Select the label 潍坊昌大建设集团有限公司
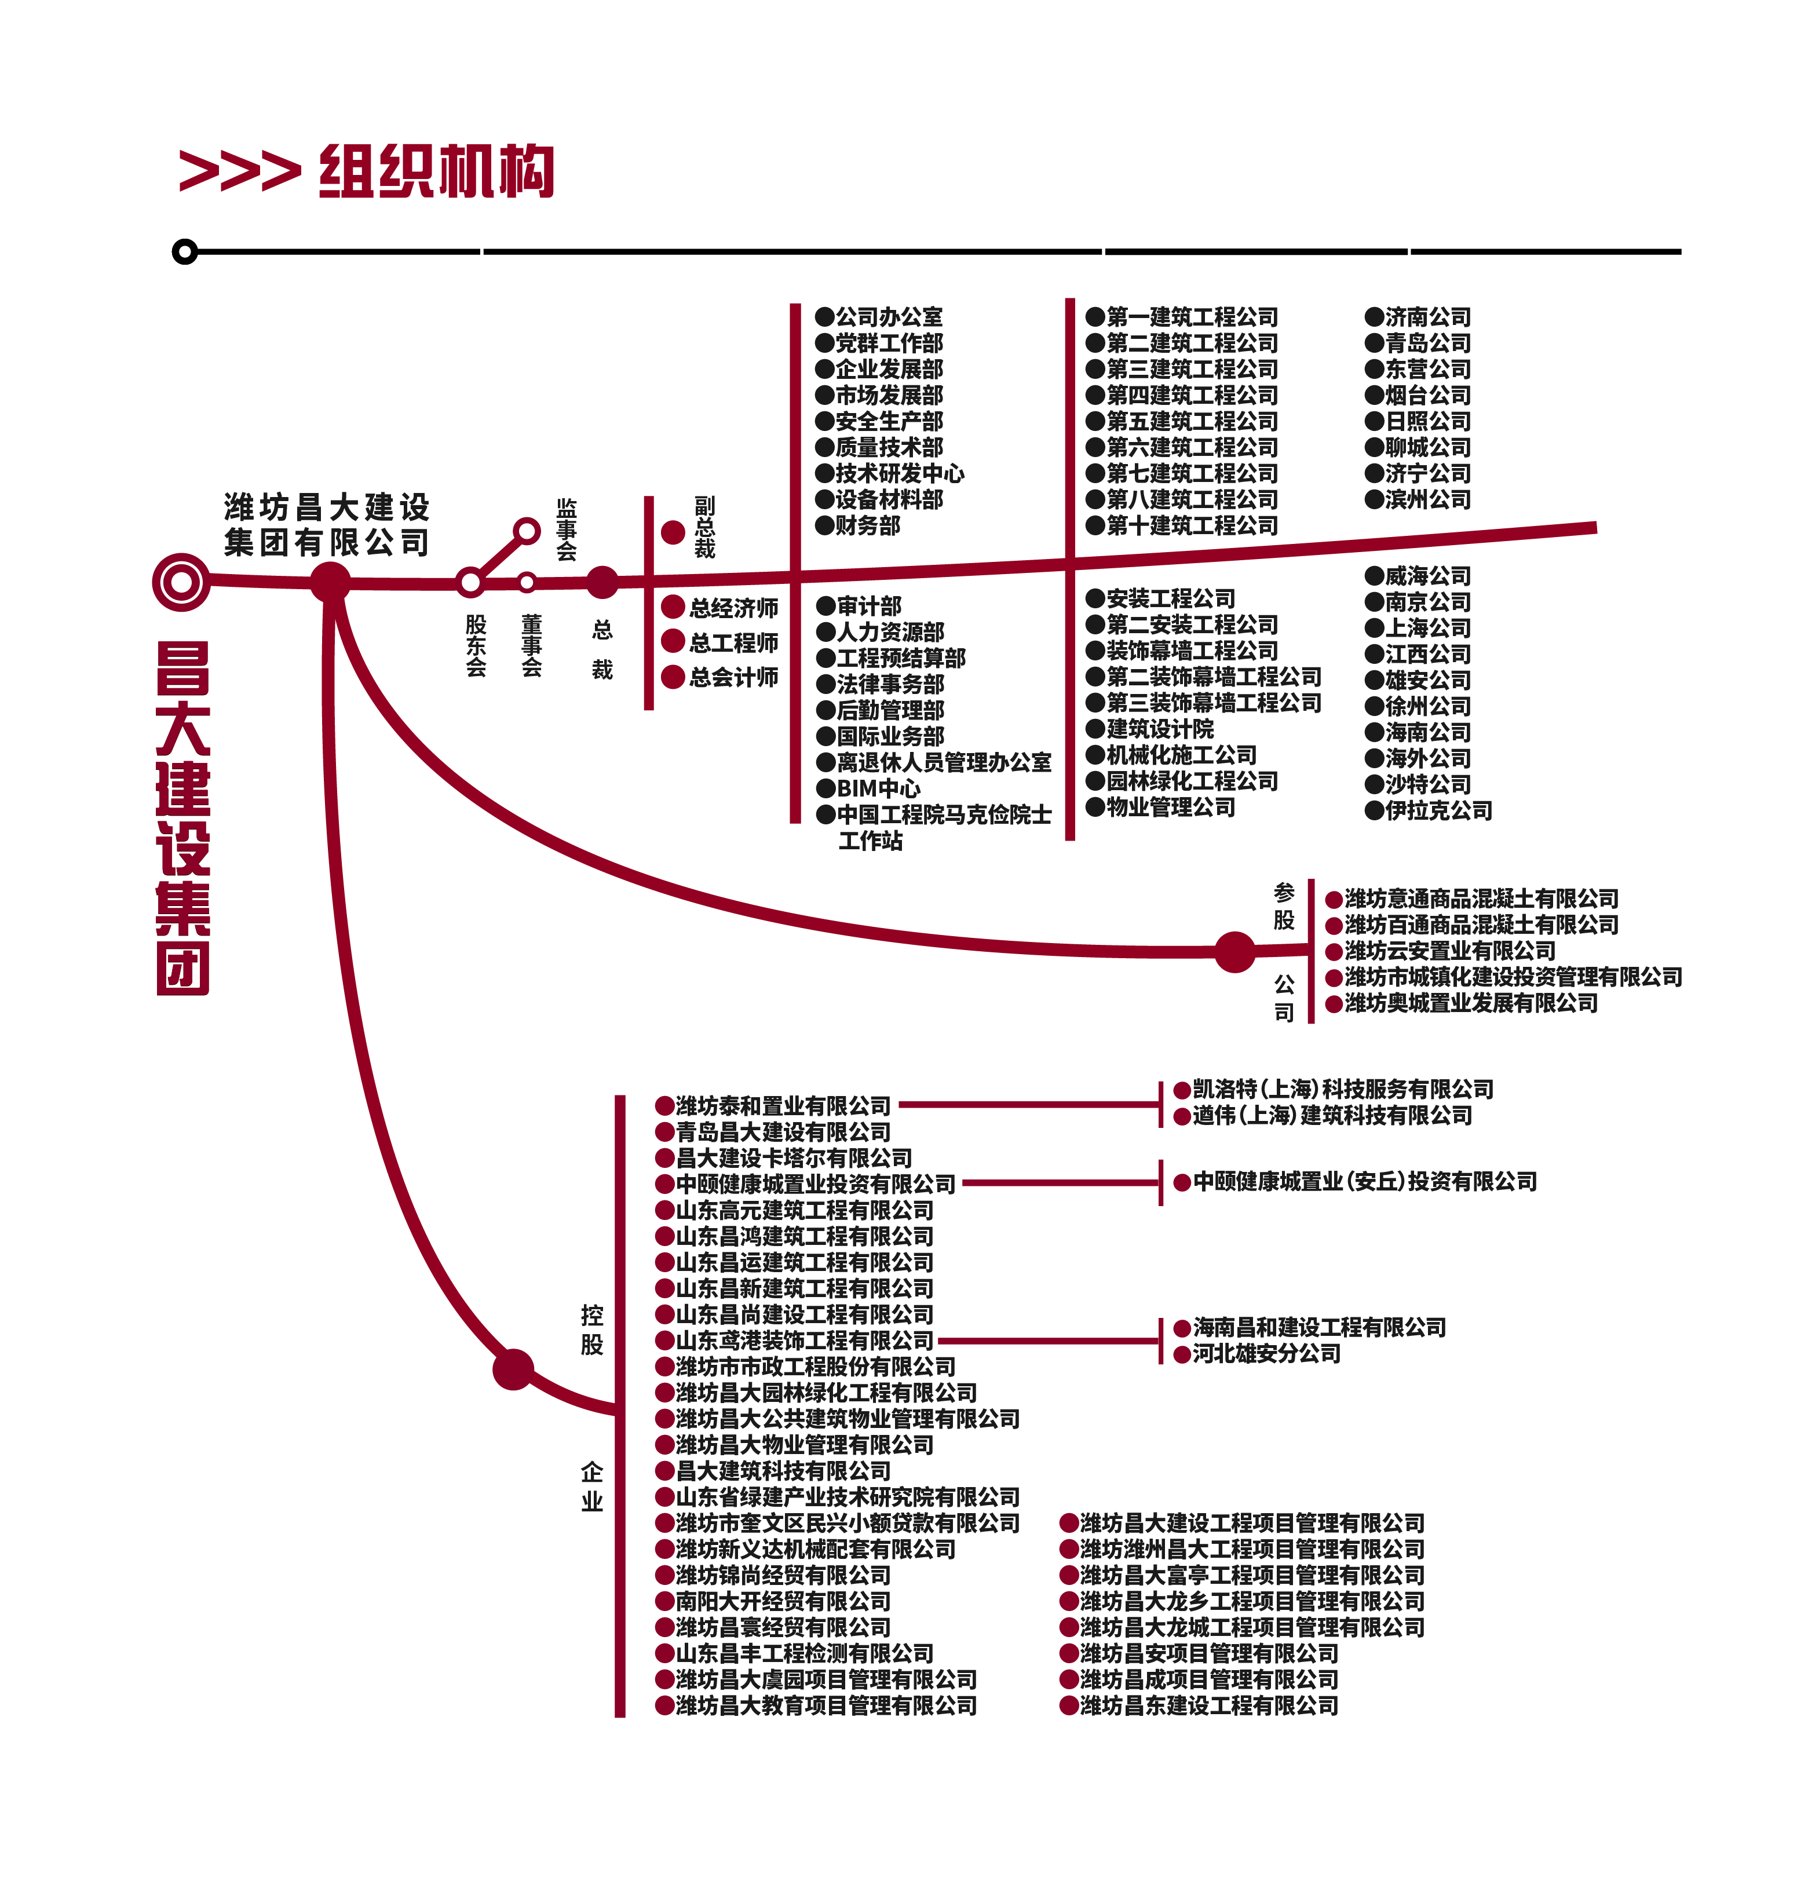(x=326, y=524)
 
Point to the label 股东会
(x=476, y=645)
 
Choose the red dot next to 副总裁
(x=673, y=532)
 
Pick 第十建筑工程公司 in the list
(x=1192, y=525)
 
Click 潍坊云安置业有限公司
(x=1449, y=951)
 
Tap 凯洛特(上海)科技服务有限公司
(x=1342, y=1089)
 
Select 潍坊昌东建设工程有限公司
(x=1209, y=1705)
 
